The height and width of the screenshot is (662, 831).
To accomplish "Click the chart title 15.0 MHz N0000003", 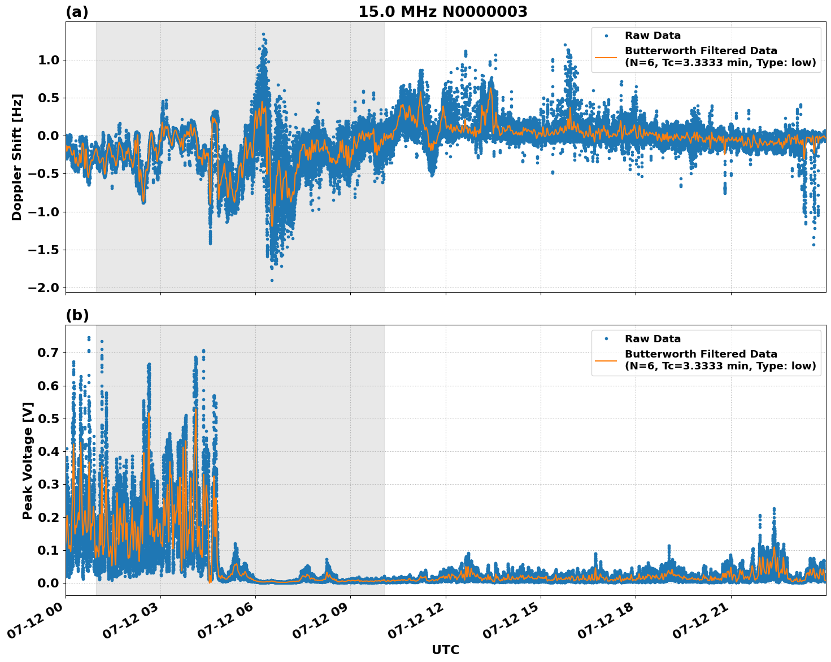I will (442, 12).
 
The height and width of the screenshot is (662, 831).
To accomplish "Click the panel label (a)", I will (77, 12).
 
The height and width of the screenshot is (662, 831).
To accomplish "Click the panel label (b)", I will (77, 315).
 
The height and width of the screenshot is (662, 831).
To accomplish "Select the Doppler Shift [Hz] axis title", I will (17, 157).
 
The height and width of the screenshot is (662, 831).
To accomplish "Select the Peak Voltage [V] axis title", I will (28, 460).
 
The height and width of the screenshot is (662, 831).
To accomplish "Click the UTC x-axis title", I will (445, 650).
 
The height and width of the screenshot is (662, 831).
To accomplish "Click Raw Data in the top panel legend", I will (652, 36).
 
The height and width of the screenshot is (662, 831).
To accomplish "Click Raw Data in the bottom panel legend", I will (652, 339).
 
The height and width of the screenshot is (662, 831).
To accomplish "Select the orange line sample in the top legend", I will (606, 57).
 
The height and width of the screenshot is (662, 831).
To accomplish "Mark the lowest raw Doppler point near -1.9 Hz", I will (272, 280).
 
